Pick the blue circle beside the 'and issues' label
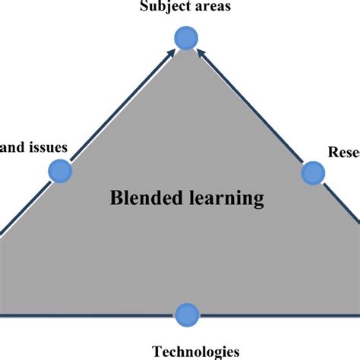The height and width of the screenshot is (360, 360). pyautogui.click(x=59, y=171)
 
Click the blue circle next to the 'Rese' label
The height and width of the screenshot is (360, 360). pyautogui.click(x=311, y=173)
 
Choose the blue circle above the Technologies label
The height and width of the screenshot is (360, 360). pyautogui.click(x=186, y=313)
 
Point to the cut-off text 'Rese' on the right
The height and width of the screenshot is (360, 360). pyautogui.click(x=343, y=153)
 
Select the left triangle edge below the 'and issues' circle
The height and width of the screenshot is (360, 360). pyautogui.click(x=27, y=206)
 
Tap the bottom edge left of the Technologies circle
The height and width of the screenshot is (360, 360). pyautogui.click(x=91, y=312)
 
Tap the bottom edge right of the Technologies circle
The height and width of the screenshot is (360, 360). pyautogui.click(x=281, y=313)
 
